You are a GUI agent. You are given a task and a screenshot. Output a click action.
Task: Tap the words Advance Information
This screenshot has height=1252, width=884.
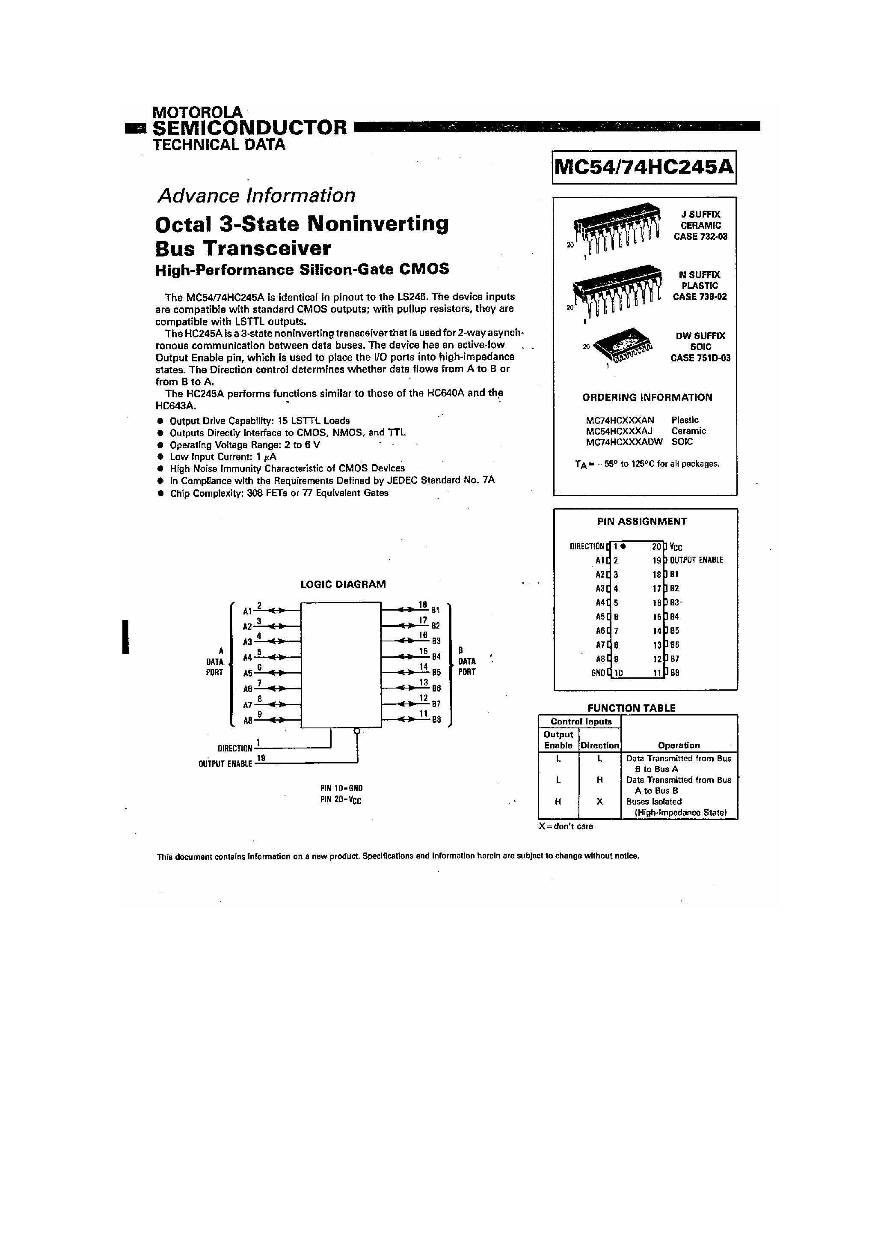[x=255, y=195]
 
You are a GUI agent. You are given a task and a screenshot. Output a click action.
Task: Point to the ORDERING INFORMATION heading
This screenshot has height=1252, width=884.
[x=647, y=397]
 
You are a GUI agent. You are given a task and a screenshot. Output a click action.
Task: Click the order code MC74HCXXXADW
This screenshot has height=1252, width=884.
[x=624, y=442]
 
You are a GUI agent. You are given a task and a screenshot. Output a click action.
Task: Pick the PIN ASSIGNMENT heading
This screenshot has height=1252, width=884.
[x=641, y=521]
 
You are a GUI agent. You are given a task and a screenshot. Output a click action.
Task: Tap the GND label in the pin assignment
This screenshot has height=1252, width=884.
[x=598, y=673]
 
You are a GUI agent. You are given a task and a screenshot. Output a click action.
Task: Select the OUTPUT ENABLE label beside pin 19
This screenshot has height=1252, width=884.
[x=697, y=560]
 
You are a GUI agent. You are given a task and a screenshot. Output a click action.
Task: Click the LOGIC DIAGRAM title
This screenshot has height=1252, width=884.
[x=343, y=584]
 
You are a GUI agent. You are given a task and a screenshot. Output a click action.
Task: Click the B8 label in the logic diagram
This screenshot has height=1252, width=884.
[x=436, y=720]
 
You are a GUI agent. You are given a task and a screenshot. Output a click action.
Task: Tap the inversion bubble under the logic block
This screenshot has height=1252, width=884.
[x=357, y=731]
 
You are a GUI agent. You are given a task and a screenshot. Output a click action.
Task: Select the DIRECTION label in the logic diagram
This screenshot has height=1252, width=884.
[x=235, y=748]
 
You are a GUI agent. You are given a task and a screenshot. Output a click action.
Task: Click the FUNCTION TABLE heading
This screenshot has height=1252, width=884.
[x=631, y=708]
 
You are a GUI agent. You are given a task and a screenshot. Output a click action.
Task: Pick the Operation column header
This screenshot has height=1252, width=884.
[x=679, y=745]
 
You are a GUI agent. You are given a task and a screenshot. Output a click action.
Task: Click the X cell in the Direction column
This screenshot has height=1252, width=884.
[x=599, y=802]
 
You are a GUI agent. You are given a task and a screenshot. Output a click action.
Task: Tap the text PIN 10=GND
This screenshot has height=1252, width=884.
[x=341, y=789]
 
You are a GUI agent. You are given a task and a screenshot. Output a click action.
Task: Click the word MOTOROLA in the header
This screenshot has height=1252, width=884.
[x=197, y=112]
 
